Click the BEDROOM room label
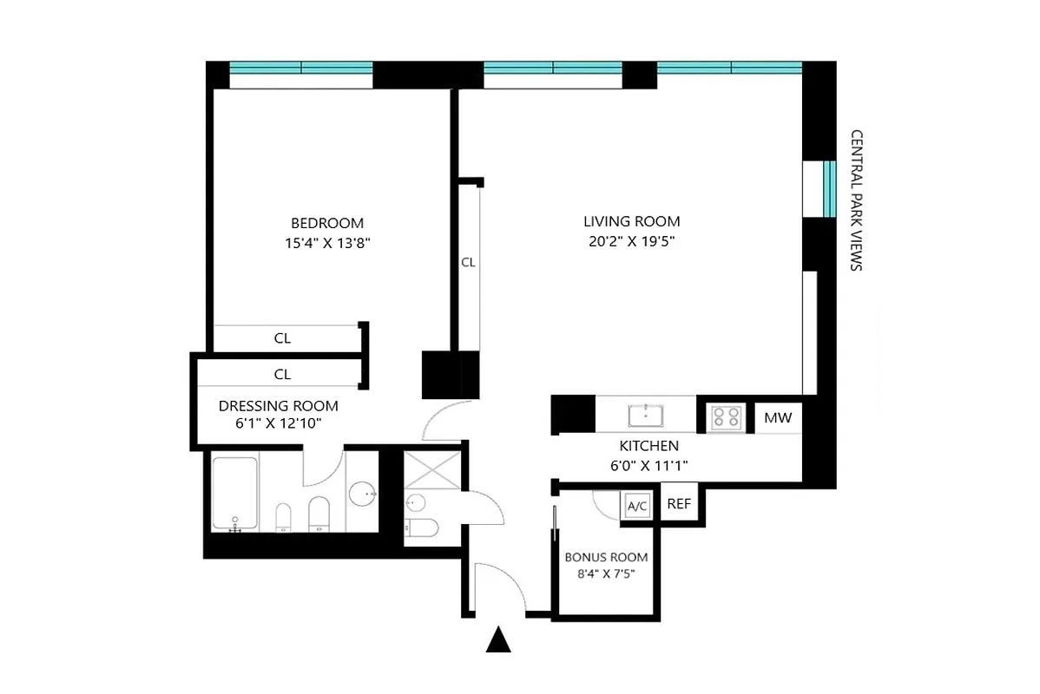[x=327, y=223]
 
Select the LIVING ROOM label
[x=631, y=221]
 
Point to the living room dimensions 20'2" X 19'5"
[x=631, y=242]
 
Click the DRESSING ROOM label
[x=278, y=406]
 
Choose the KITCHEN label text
[x=648, y=446]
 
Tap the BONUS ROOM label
[x=606, y=558]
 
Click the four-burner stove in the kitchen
[x=726, y=418]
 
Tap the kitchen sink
[x=647, y=415]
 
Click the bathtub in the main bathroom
[x=234, y=493]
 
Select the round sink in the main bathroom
[x=363, y=494]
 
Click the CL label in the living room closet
[x=468, y=262]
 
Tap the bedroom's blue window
[x=300, y=69]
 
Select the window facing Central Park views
[x=829, y=188]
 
